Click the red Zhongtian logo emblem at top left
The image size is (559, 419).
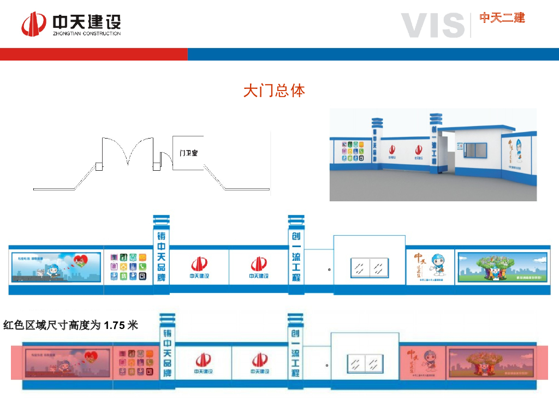(x=34, y=25)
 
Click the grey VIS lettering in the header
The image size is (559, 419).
(x=432, y=25)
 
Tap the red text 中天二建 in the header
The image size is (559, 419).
(x=502, y=18)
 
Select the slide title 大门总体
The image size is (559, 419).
(x=274, y=91)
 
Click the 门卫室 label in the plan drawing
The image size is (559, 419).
(x=188, y=153)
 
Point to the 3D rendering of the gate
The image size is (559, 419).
(x=433, y=154)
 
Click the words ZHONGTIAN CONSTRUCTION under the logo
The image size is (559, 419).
(x=87, y=34)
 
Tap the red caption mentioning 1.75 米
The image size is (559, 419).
(x=71, y=326)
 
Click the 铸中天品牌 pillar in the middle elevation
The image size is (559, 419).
(x=161, y=256)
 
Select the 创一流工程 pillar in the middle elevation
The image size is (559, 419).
(x=296, y=256)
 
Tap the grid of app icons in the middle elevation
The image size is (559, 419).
(x=128, y=266)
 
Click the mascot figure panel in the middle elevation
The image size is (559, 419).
(x=430, y=267)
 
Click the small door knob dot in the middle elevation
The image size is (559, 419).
(x=329, y=269)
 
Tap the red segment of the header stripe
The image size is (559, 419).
(x=93, y=54)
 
